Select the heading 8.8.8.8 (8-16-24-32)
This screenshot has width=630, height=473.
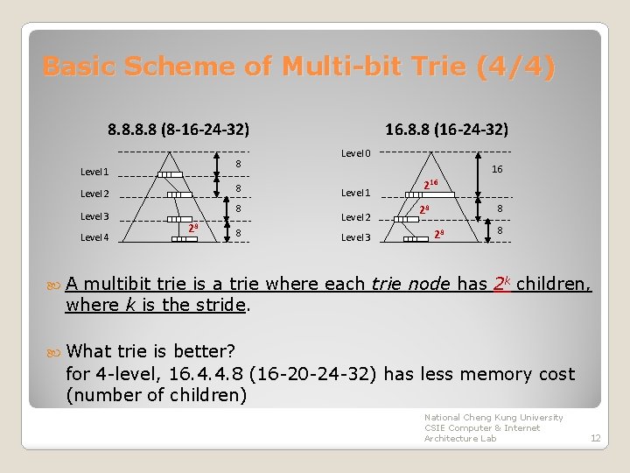tap(178, 129)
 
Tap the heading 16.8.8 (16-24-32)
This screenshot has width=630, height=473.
tap(446, 129)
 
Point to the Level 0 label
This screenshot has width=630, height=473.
tap(355, 153)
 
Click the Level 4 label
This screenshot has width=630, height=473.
tap(94, 237)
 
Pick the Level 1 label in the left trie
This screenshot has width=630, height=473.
tap(94, 173)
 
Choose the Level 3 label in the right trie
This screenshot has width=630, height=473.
tap(355, 237)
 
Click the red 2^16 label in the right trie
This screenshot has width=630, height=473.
tap(430, 185)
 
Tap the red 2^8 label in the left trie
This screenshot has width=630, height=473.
tap(193, 229)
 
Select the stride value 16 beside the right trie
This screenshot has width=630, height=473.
tap(497, 170)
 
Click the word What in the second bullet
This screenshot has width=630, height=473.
tap(89, 351)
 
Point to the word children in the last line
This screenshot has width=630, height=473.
tap(214, 396)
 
